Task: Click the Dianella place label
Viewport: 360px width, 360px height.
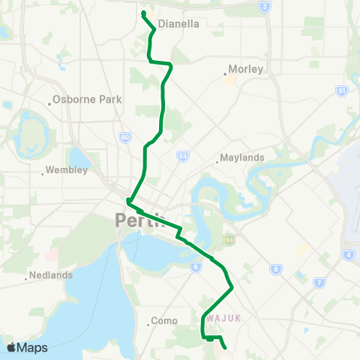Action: coord(178,23)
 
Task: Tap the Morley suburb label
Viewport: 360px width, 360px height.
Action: coord(245,69)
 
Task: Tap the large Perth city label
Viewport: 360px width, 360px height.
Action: coord(139,221)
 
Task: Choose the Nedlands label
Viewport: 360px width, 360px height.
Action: coord(51,275)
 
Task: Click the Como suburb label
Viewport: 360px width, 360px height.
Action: coord(163,320)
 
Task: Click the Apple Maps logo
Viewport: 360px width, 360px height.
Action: coord(27,347)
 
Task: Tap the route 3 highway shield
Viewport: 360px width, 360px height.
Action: coord(264,7)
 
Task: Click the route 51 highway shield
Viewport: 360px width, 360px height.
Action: coord(342,91)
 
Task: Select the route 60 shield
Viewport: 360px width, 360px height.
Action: coord(124,137)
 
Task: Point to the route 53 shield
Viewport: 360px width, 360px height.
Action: coord(182,155)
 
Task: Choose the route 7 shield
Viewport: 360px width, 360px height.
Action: coord(319,283)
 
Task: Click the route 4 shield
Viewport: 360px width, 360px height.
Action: coord(349,254)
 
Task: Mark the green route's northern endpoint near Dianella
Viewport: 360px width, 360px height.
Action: coord(143,13)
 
